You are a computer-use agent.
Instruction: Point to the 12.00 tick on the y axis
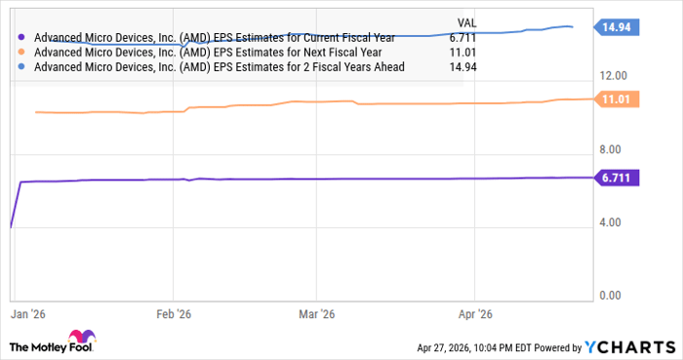[619, 76]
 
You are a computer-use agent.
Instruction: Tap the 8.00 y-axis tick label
[619, 149]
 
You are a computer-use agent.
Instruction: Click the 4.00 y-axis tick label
[619, 222]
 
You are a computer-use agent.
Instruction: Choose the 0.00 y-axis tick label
[619, 296]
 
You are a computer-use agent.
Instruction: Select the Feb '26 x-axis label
[175, 315]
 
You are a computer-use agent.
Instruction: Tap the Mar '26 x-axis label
[318, 315]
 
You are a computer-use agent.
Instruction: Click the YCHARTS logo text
[631, 347]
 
